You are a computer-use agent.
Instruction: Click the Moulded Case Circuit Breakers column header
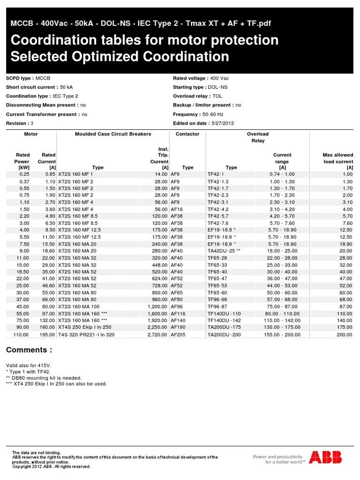pyautogui.click(x=113, y=134)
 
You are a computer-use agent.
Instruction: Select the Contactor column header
pyautogui.click(x=187, y=134)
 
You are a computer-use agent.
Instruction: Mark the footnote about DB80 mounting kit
pyautogui.click(x=44, y=378)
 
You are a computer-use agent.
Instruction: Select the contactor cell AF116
pyautogui.click(x=178, y=314)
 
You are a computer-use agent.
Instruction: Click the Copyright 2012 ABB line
pyautogui.click(x=51, y=467)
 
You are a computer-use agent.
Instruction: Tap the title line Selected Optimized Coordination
pyautogui.click(x=120, y=57)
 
